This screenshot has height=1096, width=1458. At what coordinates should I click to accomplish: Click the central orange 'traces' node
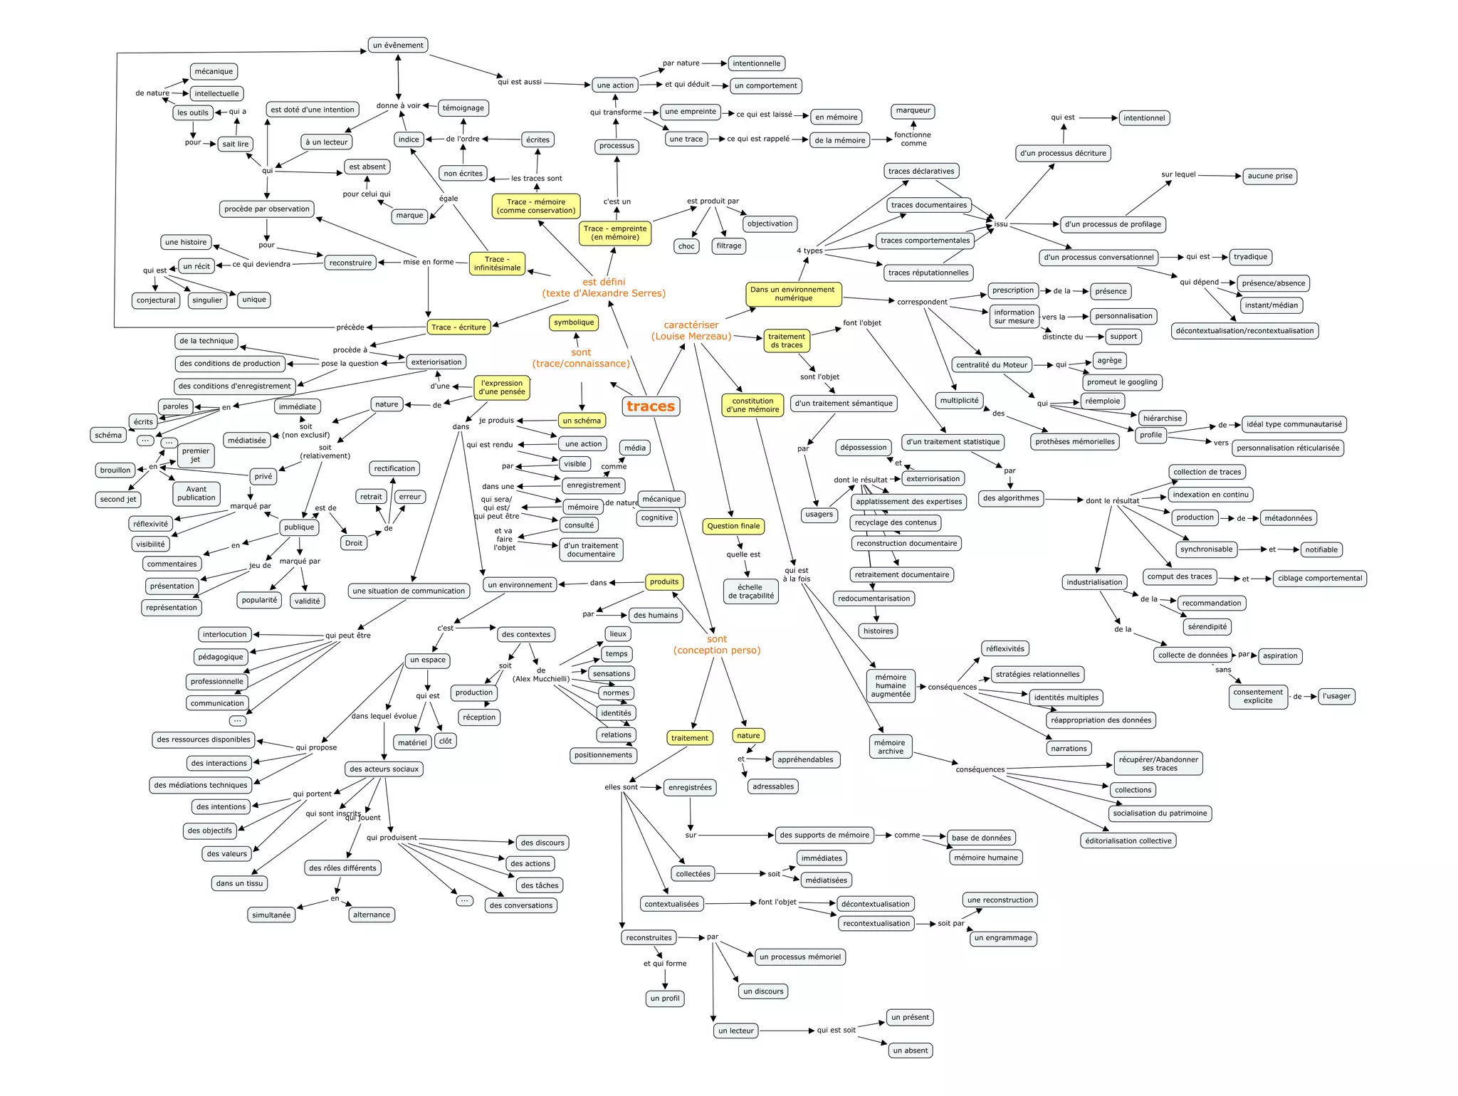pos(651,406)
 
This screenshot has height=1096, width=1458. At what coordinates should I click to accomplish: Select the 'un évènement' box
pos(398,45)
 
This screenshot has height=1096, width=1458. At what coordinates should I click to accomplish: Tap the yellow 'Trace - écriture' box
pos(458,327)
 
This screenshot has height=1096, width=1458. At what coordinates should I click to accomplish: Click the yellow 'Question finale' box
pos(733,526)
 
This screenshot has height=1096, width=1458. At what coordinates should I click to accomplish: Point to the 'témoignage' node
pos(463,108)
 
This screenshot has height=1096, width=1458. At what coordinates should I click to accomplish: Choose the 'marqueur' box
pos(913,110)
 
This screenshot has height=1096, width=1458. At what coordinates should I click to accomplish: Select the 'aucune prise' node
pos(1270,176)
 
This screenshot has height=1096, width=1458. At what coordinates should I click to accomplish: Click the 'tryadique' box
pos(1250,257)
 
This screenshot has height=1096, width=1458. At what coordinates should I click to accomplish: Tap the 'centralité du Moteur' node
pos(992,365)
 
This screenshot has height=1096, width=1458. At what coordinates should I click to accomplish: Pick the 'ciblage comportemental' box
pos(1320,578)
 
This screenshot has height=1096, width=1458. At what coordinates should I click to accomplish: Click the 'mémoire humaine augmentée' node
pos(891,685)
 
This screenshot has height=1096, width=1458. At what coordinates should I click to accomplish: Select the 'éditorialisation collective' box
pos(1128,841)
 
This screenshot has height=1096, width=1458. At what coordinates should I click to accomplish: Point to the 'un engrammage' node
pos(1003,938)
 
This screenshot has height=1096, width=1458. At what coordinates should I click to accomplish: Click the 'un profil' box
pos(665,998)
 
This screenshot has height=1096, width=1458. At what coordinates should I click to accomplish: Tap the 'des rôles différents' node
pos(342,868)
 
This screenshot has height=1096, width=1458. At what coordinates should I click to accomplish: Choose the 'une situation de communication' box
pos(409,591)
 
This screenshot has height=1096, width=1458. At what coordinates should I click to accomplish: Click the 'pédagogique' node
pos(221,657)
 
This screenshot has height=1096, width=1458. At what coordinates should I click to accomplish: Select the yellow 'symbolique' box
pos(574,322)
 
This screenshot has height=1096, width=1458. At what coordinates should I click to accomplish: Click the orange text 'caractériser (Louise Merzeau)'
pos(691,331)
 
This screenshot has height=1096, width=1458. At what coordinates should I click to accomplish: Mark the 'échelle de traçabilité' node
pos(751,591)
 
